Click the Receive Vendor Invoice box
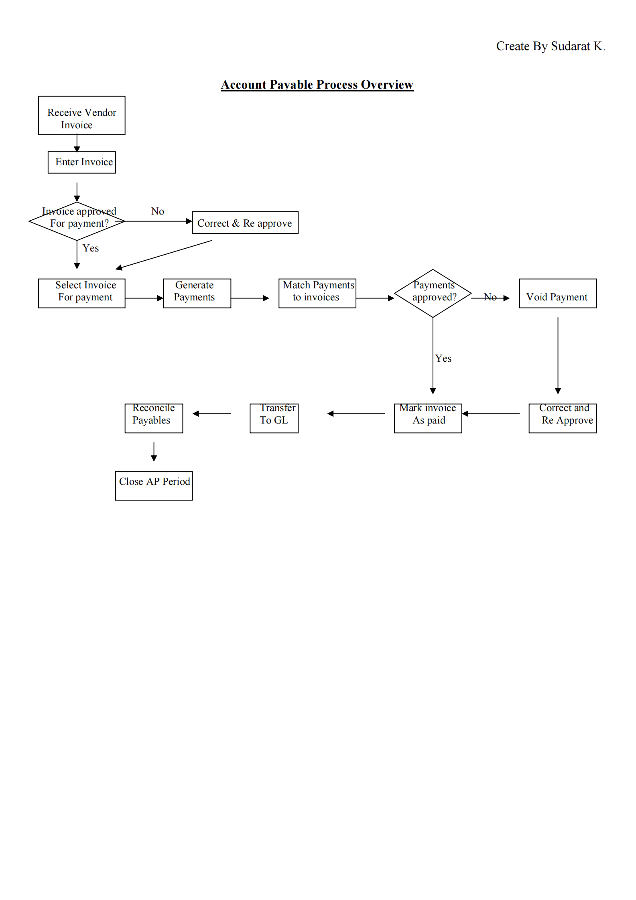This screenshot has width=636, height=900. pos(81,116)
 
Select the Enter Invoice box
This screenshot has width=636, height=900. pos(81,162)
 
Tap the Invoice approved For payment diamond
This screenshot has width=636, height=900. pos(77,221)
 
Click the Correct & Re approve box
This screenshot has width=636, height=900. pos(245,223)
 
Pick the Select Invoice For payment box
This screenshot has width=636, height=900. pos(81,293)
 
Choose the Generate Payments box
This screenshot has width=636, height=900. pos(197,293)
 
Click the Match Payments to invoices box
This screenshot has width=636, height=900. pos(317,293)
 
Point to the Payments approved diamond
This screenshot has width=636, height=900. pos(433,293)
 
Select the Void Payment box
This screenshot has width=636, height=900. pos(557,293)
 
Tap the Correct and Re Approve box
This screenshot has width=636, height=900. pos(562,418)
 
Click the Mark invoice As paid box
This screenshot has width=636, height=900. pos(428,418)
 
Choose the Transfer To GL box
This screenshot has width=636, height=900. pos(274,418)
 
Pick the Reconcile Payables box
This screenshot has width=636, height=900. pos(154,418)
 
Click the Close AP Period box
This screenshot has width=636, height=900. pos(154,485)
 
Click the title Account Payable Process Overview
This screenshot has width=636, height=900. pos(317,85)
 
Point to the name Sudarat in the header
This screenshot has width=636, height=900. pos(570,46)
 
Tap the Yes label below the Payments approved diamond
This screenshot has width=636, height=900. pos(443,359)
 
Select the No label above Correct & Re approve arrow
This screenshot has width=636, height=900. pos(157,211)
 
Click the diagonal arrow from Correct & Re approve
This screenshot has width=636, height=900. pos(164,255)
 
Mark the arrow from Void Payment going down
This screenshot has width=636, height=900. pos(558,355)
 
